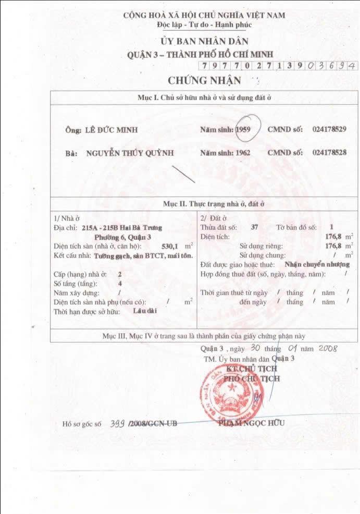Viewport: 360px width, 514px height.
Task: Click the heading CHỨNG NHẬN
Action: pyautogui.click(x=204, y=80)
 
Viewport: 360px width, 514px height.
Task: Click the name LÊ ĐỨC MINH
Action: pyautogui.click(x=108, y=130)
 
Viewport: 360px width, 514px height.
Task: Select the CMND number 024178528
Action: pyautogui.click(x=333, y=153)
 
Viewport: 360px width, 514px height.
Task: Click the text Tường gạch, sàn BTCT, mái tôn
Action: pyautogui.click(x=144, y=255)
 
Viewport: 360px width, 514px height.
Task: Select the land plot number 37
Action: pyautogui.click(x=254, y=227)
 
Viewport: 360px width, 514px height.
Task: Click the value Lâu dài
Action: pyautogui.click(x=145, y=311)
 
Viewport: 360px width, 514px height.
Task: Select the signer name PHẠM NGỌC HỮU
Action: pyautogui.click(x=252, y=423)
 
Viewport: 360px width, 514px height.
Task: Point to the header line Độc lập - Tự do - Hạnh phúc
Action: pyautogui.click(x=204, y=24)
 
